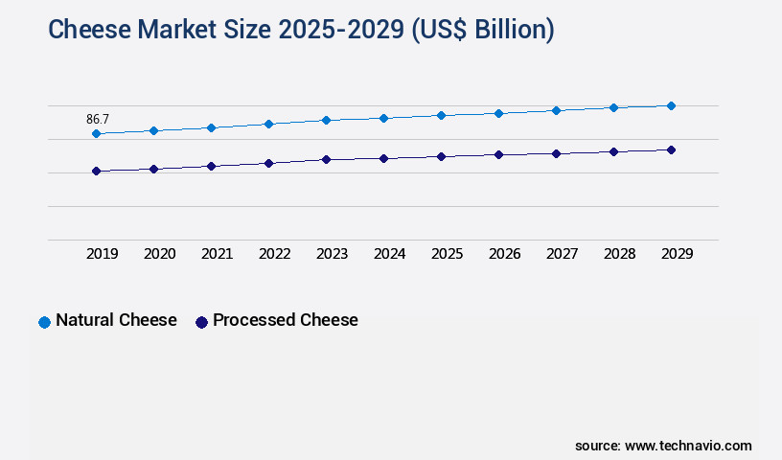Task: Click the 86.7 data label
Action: tap(98, 120)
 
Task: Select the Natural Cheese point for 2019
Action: tap(96, 133)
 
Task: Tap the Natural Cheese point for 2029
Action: tap(671, 105)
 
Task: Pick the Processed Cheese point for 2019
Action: tap(96, 172)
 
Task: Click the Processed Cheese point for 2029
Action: tap(671, 149)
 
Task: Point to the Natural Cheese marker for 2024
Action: tap(383, 118)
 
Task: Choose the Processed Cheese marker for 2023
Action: tap(326, 159)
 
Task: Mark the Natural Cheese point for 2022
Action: tap(268, 124)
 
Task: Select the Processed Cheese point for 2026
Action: tap(498, 154)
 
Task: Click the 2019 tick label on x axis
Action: tap(103, 254)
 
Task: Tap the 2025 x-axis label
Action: tap(448, 254)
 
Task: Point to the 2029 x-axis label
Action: tap(678, 254)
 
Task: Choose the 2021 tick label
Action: tap(218, 254)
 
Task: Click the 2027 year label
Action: tap(563, 254)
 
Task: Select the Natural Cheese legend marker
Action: tap(44, 322)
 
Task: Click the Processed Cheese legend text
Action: tap(285, 320)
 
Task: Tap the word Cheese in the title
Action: tap(90, 30)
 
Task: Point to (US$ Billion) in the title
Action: tap(482, 30)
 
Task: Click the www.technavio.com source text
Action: tap(688, 446)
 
